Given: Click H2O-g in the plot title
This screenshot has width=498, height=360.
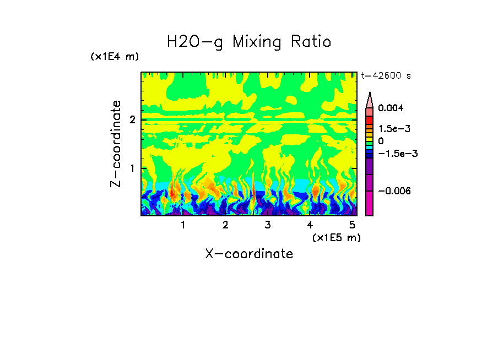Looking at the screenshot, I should (195, 42).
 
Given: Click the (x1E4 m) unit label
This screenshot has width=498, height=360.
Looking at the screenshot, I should (115, 57).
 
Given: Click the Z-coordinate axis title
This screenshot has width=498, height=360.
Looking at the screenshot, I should (116, 144).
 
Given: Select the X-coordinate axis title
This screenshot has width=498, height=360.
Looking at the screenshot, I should (249, 254).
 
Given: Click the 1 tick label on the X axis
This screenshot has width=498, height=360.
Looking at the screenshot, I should (183, 225).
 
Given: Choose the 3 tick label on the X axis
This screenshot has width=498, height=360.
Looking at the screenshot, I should (267, 225).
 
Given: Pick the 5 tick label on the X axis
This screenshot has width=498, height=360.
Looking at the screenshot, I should (351, 225).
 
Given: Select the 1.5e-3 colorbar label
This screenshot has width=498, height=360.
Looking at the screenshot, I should (391, 128).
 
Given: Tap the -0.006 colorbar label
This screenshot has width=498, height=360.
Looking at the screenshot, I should (392, 190).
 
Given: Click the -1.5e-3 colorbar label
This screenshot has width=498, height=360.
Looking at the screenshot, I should (394, 154).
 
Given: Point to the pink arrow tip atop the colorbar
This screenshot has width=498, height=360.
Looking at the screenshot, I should (370, 99).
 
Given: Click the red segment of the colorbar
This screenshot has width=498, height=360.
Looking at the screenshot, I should (370, 119).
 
